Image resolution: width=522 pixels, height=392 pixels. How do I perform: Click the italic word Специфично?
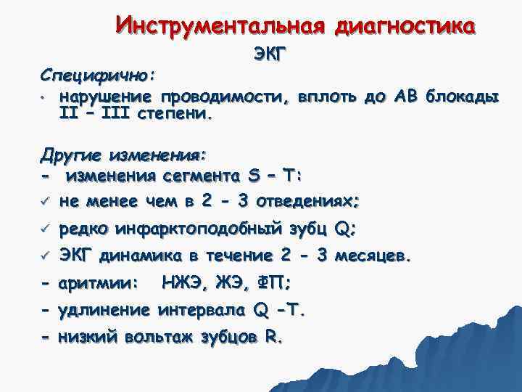(x=99, y=75)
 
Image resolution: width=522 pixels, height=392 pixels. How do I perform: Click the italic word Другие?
(x=70, y=155)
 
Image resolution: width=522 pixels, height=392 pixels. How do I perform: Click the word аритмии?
(x=98, y=283)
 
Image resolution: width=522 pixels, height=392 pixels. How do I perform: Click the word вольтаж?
(x=155, y=338)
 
